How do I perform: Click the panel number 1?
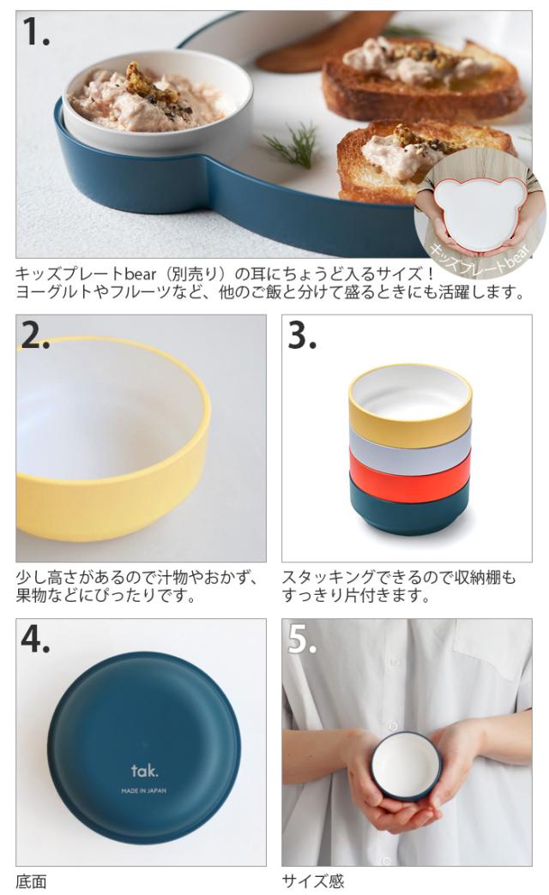(35, 32)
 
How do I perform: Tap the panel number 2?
(35, 335)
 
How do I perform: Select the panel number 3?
(302, 335)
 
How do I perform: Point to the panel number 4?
(35, 639)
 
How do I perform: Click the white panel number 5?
(302, 639)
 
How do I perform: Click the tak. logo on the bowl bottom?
(144, 772)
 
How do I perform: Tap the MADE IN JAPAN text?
(144, 790)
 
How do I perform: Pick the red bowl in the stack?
(410, 474)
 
